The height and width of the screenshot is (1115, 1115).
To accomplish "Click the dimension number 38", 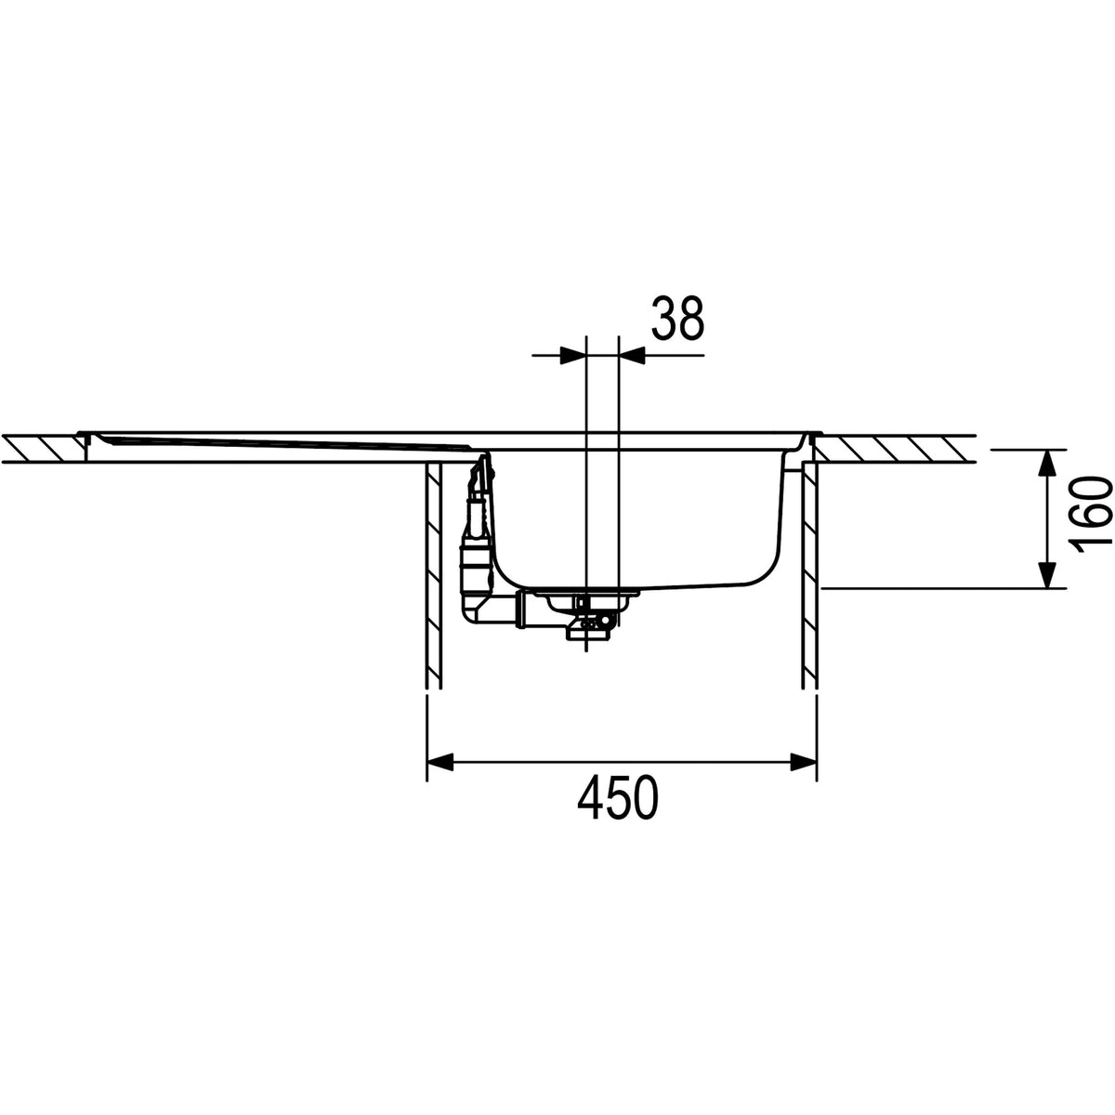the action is [677, 318].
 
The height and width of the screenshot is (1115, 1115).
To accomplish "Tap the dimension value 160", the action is [1092, 518].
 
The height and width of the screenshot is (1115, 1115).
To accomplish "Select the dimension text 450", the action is [618, 797].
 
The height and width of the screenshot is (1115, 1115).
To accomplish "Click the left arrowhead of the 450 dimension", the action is [439, 763].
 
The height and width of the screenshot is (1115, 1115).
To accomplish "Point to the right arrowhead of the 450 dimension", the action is [804, 763].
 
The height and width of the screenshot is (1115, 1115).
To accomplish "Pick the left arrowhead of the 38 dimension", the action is [573, 355].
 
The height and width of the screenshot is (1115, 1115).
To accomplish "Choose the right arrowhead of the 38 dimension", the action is [632, 355].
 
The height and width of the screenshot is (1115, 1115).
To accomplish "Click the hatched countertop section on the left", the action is [44, 448].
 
